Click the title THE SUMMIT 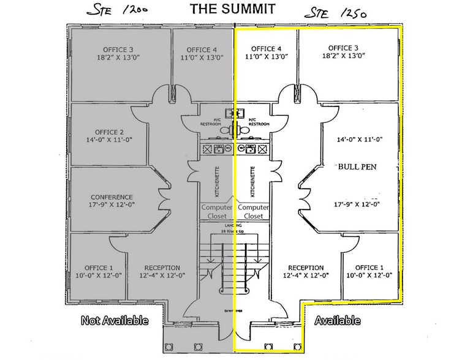coord(232,9)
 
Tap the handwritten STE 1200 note coord(121,10)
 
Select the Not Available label coord(115,320)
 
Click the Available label coord(337,320)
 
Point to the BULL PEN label coord(357,166)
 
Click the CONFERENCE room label coord(111,197)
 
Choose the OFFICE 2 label coord(109,132)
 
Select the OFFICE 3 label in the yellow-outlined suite coord(343,48)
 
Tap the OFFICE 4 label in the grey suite coord(202,50)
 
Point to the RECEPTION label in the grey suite coord(162,268)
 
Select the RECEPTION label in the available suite coord(306,268)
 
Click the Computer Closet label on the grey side coord(218,212)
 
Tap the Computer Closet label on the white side coord(253,212)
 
